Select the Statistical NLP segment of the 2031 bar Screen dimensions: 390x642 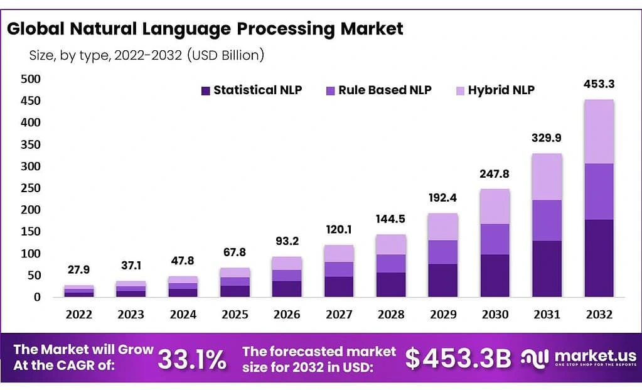(547, 268)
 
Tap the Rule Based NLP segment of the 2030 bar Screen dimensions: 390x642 (495, 239)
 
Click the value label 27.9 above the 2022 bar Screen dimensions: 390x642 (79, 269)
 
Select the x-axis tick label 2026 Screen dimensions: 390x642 (287, 314)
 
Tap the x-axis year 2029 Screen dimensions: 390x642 (443, 314)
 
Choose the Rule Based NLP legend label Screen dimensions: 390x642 (385, 90)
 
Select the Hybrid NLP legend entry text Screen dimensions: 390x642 (501, 90)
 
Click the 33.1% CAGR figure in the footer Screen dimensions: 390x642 (191, 359)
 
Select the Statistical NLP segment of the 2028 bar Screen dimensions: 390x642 (391, 284)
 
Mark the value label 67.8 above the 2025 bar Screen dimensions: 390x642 (235, 252)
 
